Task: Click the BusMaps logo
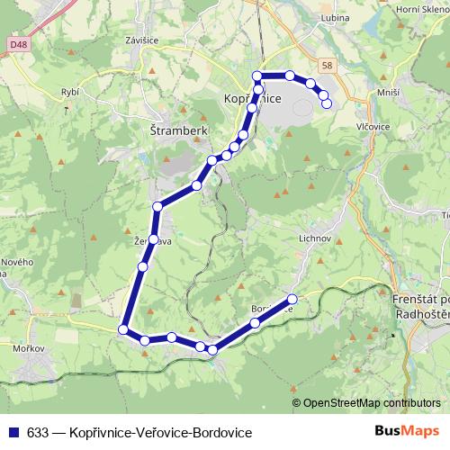[x=413, y=432]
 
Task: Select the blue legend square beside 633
[x=13, y=432]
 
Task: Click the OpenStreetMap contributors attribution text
[x=372, y=403]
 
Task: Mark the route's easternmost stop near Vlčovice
[x=327, y=103]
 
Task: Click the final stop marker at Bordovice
[x=292, y=299]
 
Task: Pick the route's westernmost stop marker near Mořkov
[x=123, y=329]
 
